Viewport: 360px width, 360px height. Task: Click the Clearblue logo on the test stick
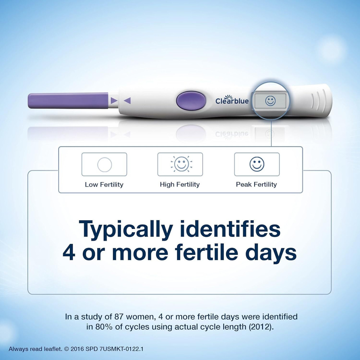[x=232, y=100]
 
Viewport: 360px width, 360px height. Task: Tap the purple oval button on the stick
[x=191, y=100]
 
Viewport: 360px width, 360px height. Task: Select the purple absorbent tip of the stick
[x=68, y=100]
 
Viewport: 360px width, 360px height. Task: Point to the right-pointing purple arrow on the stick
[x=114, y=101]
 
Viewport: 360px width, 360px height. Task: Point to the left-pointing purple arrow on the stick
[x=127, y=101]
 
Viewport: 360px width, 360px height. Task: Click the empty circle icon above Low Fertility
[x=104, y=165]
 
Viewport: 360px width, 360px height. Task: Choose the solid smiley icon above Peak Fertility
[x=257, y=165]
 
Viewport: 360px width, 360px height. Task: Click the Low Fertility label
[x=104, y=185]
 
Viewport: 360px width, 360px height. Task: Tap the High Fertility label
[x=180, y=185]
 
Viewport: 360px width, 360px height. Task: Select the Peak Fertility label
[x=256, y=185]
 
